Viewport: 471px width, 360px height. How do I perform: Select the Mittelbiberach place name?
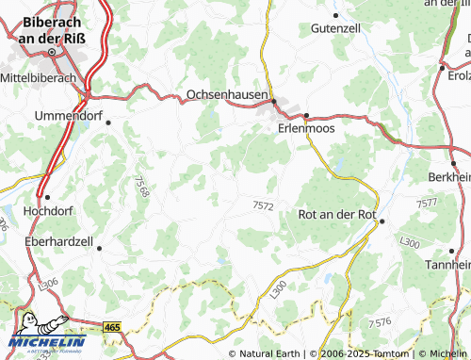[39, 76]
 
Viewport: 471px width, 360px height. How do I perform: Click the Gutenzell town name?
[336, 29]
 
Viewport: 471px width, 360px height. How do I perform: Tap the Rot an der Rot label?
[336, 215]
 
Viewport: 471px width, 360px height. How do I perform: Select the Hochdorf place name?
[47, 211]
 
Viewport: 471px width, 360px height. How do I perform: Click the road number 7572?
[265, 205]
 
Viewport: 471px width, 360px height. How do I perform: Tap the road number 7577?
[427, 203]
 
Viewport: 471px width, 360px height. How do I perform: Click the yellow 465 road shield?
[112, 327]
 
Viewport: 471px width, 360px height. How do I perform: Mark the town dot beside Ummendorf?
[108, 122]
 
